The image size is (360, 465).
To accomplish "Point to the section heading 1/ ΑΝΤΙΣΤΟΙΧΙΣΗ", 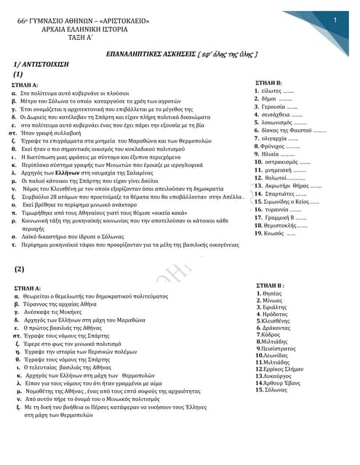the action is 49,65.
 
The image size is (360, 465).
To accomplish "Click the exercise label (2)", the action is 20,270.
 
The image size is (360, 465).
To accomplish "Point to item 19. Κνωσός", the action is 274,233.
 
